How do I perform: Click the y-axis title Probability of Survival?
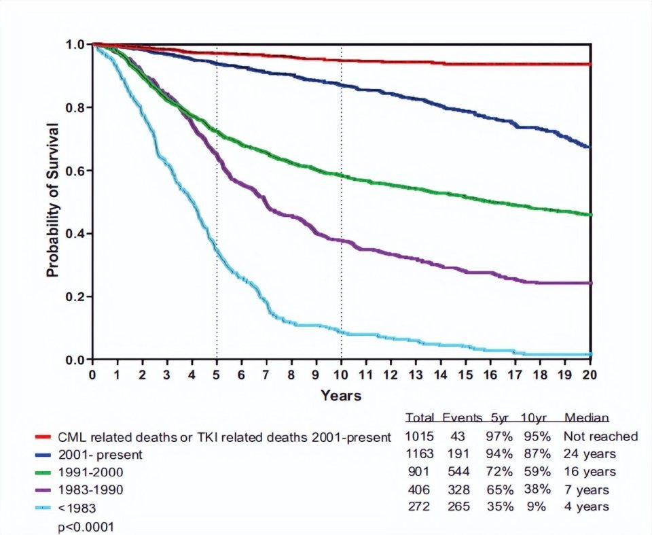point(53,200)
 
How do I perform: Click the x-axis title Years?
point(341,395)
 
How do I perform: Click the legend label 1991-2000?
point(90,472)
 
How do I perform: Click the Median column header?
point(586,417)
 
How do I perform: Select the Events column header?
point(461,417)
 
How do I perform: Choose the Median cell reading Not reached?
point(600,436)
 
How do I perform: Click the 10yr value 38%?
point(533,489)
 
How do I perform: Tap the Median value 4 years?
point(586,507)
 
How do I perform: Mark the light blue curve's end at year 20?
point(590,354)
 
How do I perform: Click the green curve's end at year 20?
point(590,215)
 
